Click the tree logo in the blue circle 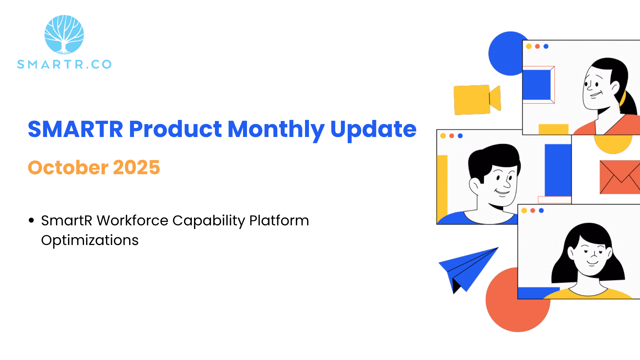(64, 35)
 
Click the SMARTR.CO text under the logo (64, 64)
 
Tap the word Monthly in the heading (276, 130)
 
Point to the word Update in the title (373, 130)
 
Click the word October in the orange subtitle (68, 167)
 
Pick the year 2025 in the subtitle (137, 167)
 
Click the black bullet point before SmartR (32, 220)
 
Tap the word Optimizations (90, 240)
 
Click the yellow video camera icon (477, 100)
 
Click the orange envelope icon (620, 177)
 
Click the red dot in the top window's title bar (537, 46)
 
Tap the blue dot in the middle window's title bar (460, 136)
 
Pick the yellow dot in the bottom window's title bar (524, 210)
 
